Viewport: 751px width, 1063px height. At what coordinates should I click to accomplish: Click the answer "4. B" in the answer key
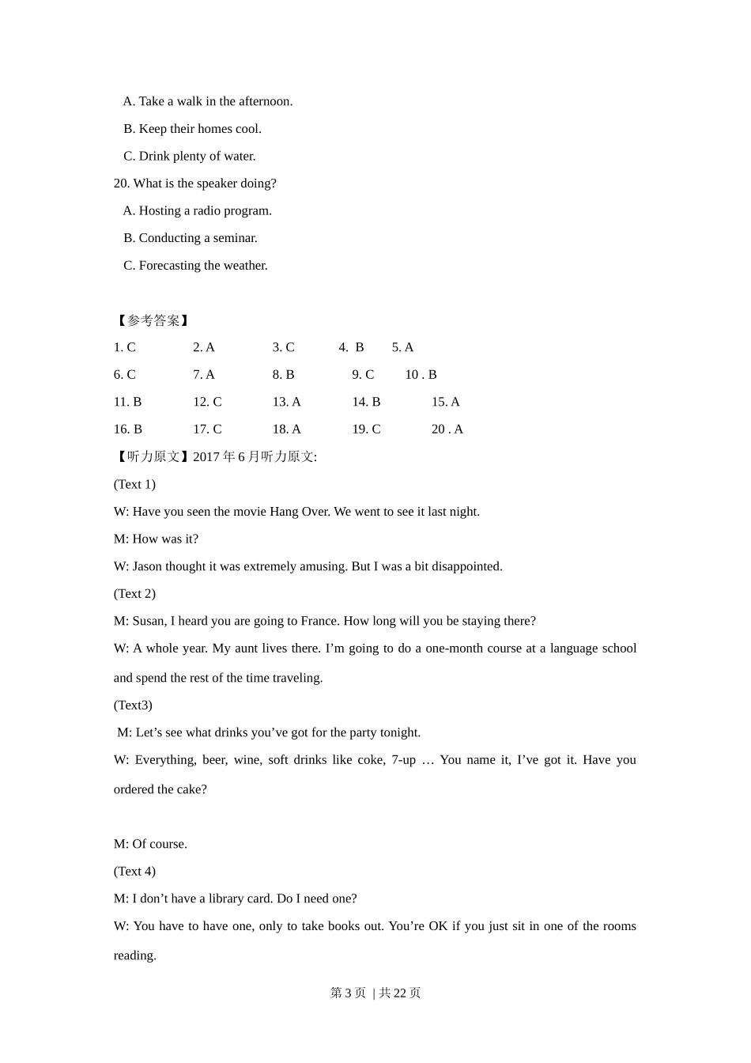pos(351,347)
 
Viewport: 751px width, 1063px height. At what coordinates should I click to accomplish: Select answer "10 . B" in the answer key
pos(421,375)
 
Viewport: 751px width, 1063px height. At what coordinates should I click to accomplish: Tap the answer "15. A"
pos(445,402)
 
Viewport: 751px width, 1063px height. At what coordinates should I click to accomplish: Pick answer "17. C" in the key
pos(207,429)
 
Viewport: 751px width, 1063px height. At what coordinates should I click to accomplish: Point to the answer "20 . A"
pos(447,429)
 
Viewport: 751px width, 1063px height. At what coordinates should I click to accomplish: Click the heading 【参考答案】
pos(153,320)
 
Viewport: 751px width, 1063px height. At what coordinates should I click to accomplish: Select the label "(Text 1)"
pos(134,484)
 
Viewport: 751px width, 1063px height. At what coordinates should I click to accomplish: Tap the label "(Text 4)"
pos(134,871)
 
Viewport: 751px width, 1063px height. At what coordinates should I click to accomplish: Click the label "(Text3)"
pos(133,705)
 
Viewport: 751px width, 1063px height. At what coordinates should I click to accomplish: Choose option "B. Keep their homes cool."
pos(192,129)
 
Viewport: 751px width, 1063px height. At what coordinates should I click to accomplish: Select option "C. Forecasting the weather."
pos(195,266)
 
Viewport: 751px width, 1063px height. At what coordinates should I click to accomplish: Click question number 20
pos(121,183)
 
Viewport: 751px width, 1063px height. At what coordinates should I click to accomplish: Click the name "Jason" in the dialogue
pos(149,566)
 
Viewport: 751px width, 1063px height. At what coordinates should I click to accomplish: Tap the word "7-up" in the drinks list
pos(403,760)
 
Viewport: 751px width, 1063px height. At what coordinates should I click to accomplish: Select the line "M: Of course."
pos(150,844)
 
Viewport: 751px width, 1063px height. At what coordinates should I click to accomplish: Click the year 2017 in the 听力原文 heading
pos(206,457)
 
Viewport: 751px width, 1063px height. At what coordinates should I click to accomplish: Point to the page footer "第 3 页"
pos(348,993)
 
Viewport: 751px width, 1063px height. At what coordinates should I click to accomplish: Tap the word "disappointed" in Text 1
pos(466,566)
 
